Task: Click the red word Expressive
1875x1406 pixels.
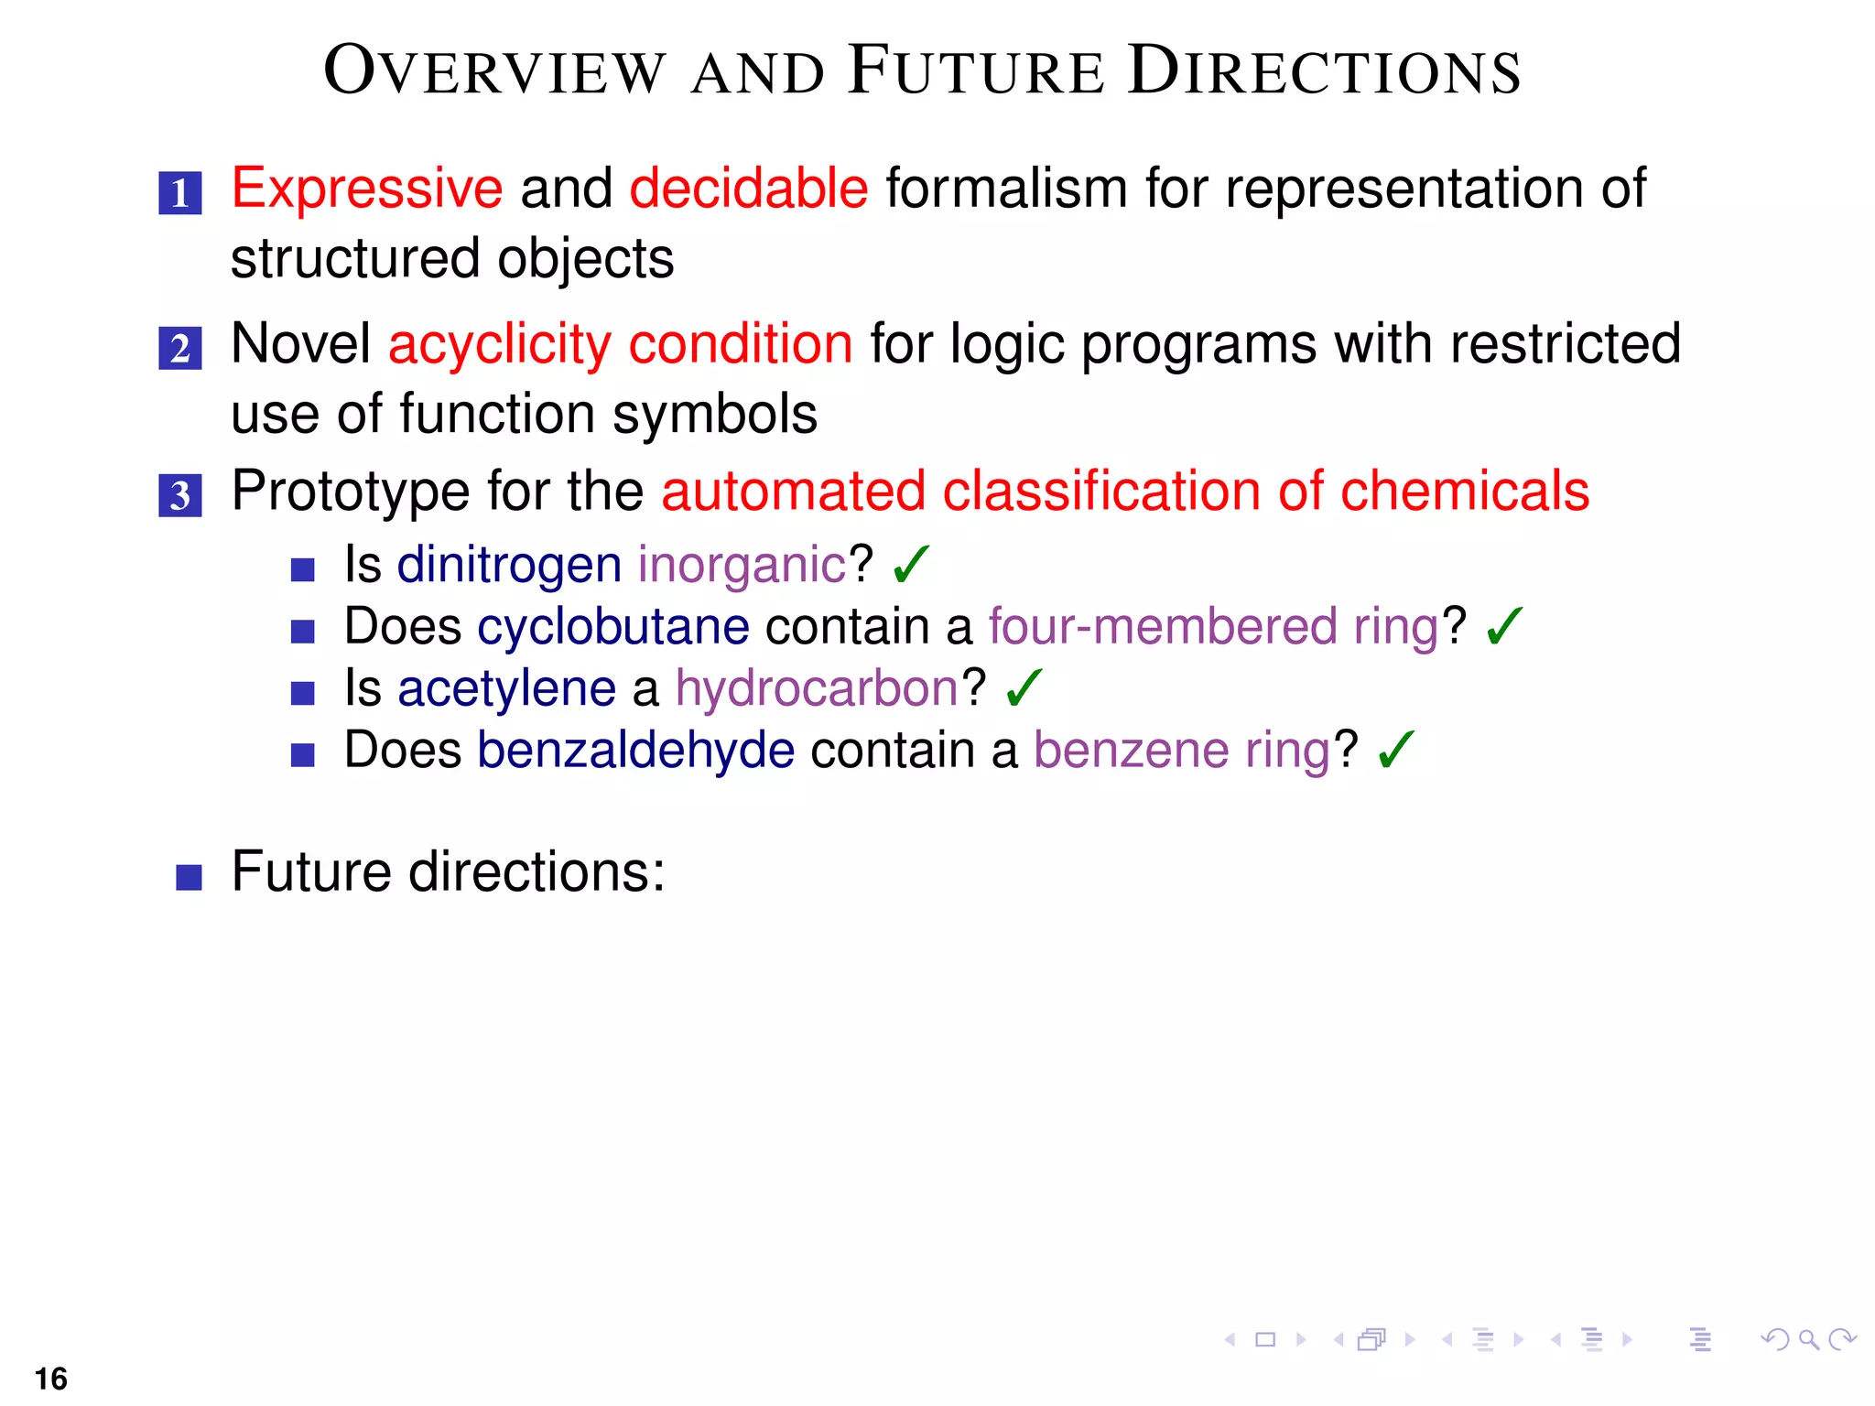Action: [366, 189]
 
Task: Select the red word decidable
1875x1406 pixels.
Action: [748, 189]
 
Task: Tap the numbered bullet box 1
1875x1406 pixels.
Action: [180, 193]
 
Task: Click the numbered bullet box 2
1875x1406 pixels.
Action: [180, 349]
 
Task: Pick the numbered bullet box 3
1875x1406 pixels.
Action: [180, 495]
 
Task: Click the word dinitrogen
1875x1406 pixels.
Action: [509, 565]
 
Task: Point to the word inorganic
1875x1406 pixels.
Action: [742, 565]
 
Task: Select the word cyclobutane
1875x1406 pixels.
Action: [612, 627]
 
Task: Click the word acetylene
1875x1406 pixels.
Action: [506, 688]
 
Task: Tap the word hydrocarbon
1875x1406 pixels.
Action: [817, 688]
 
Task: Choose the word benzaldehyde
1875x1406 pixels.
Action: [635, 751]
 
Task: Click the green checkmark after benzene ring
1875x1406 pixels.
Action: [1395, 750]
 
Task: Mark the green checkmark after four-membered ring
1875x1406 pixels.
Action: [1504, 626]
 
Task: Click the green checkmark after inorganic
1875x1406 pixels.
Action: [911, 564]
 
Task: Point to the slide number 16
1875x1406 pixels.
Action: [51, 1379]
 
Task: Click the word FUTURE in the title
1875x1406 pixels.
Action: [976, 71]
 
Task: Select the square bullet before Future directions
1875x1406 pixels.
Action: [189, 877]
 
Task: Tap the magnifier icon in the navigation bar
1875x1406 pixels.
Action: [1808, 1340]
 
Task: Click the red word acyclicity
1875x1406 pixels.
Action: [499, 345]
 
